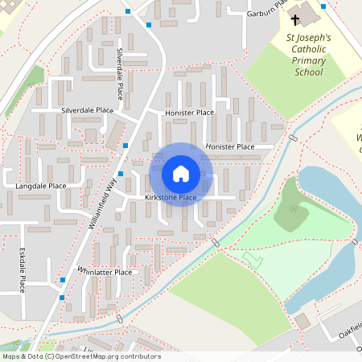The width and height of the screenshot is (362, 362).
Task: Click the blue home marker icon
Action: click(x=181, y=174)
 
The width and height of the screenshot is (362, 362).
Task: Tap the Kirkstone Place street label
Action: click(x=171, y=198)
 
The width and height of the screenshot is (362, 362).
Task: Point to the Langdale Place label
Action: click(x=41, y=186)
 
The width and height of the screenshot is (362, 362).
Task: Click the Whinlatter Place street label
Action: click(x=105, y=272)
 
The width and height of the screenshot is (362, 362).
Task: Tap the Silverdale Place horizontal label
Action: click(x=88, y=109)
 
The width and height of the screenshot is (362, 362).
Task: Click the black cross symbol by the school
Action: click(x=295, y=19)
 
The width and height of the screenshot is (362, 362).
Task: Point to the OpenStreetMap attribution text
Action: click(x=80, y=356)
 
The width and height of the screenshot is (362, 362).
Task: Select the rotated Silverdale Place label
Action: click(x=120, y=73)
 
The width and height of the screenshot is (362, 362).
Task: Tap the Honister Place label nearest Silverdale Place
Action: click(x=189, y=113)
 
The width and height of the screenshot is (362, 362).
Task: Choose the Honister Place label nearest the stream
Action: click(x=229, y=147)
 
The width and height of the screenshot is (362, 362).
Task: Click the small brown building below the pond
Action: click(x=302, y=320)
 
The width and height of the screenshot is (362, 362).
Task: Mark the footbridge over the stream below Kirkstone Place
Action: click(x=215, y=242)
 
